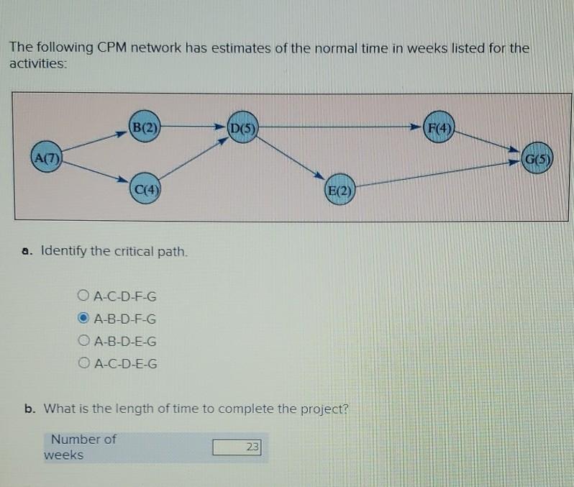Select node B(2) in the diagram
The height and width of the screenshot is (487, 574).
(x=145, y=128)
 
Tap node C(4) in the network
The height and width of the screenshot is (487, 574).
(x=146, y=190)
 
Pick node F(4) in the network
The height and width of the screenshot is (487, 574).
(x=439, y=129)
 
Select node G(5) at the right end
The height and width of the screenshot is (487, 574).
(x=537, y=158)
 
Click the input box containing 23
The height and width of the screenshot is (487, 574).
(x=237, y=447)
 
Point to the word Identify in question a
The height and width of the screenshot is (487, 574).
(x=64, y=251)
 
